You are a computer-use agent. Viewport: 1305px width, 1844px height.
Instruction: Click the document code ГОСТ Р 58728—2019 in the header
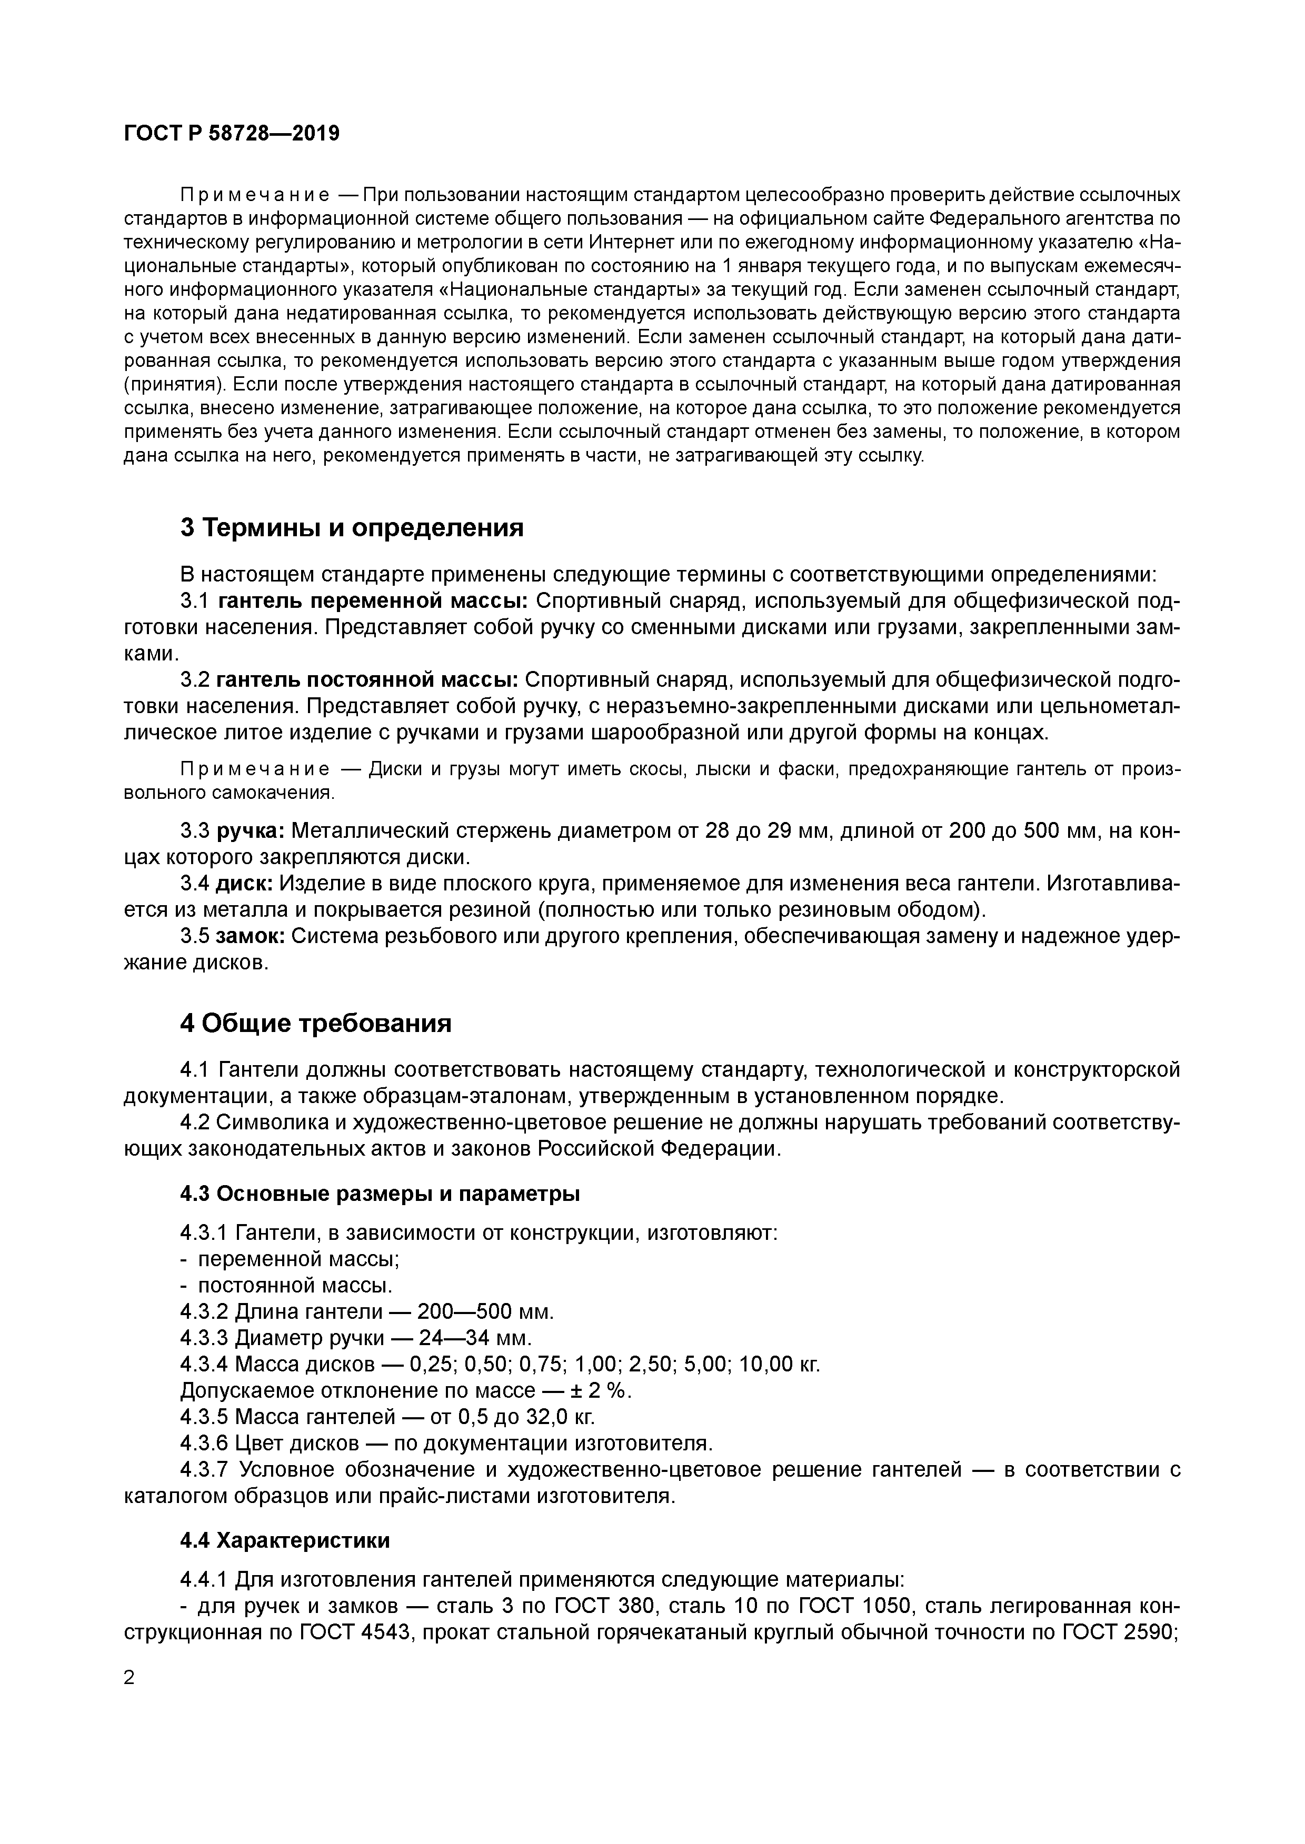point(232,133)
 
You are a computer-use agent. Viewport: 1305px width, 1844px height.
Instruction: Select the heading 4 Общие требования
point(316,1023)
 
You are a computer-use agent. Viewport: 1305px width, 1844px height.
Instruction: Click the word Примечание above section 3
point(254,195)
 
